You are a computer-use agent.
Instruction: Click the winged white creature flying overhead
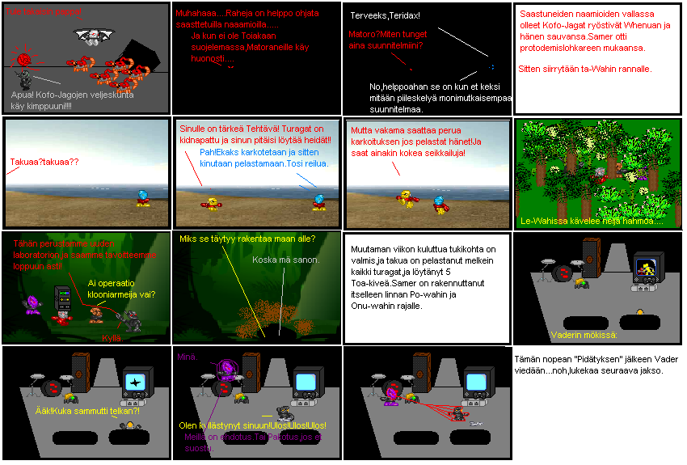pyautogui.click(x=90, y=36)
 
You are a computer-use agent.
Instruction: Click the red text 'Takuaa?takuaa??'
pyautogui.click(x=44, y=162)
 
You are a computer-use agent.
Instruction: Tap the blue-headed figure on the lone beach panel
pyautogui.click(x=142, y=197)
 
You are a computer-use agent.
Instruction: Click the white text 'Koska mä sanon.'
pyautogui.click(x=285, y=260)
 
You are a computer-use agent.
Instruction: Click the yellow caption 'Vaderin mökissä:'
pyautogui.click(x=584, y=335)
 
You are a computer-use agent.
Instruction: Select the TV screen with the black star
pyautogui.click(x=135, y=380)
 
